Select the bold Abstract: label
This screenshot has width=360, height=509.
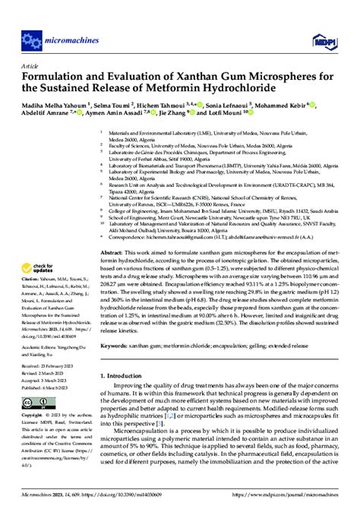click(x=114, y=208)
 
